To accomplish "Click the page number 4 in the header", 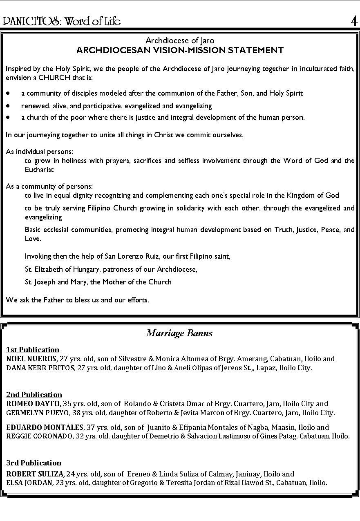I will [353, 21].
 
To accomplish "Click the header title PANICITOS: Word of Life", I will [62, 21].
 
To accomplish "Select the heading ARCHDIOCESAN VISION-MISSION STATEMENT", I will [180, 50].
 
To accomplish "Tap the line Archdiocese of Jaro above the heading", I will [180, 40].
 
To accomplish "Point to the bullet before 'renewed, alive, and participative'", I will [8, 106].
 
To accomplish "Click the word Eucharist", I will [39, 170].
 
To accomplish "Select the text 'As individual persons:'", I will [40, 152].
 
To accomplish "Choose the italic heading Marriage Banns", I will [179, 333].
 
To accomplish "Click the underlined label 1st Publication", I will [33, 350].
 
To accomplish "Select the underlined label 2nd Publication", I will [34, 395].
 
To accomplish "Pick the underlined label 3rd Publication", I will [34, 463].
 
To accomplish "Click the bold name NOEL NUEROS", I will [31, 359].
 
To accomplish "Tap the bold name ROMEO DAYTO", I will [33, 404].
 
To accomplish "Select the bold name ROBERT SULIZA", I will [35, 474].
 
